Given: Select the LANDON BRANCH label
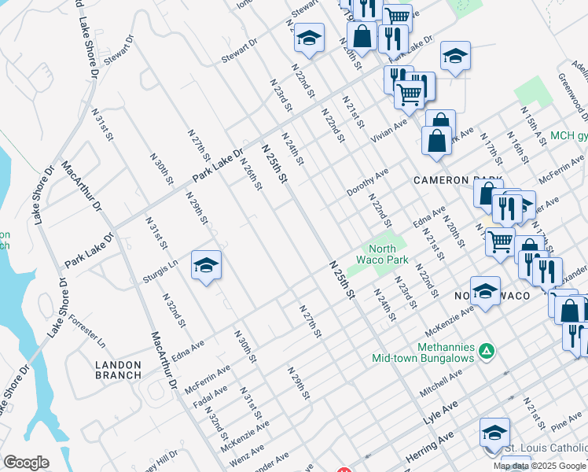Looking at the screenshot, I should coord(118,370).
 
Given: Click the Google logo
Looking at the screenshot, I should coord(26,463).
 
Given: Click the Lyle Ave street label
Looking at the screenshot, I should coord(440,411).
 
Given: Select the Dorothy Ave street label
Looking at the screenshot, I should coord(367,183).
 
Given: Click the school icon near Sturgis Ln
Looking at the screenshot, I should coord(206,266).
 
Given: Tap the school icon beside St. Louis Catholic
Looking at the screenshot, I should coord(494,432).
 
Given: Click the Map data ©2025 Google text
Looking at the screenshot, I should coord(540,466).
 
